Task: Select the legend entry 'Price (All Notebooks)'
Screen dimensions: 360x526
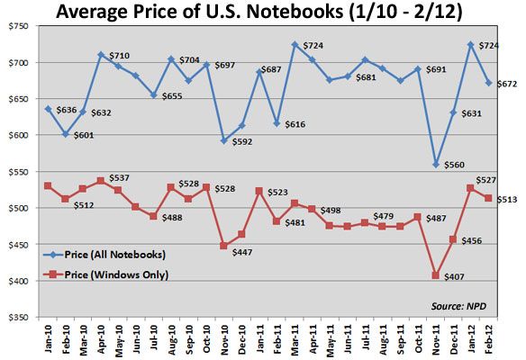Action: coord(118,255)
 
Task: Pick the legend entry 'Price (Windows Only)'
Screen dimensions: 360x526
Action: coord(118,274)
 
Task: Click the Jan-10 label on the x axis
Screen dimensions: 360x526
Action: coord(45,340)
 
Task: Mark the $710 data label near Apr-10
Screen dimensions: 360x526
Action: coord(120,56)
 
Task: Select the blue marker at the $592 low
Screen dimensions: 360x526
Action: coord(222,140)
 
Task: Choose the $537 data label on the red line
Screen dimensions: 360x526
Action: coord(120,177)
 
